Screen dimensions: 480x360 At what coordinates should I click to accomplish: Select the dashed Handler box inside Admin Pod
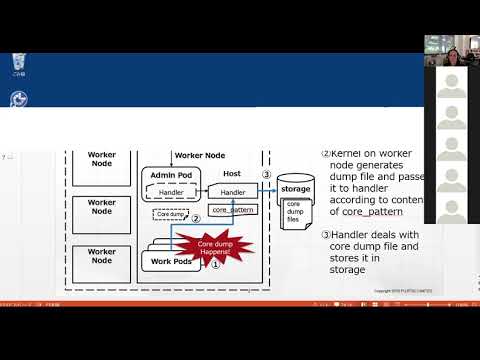tap(171, 191)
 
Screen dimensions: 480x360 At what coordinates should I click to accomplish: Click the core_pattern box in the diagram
tap(233, 210)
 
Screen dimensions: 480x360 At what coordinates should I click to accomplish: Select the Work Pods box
tap(169, 262)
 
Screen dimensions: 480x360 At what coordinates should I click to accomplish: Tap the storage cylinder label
tap(295, 188)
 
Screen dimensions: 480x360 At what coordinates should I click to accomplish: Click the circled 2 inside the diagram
tap(196, 217)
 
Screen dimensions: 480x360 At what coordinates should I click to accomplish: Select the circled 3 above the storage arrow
tap(266, 174)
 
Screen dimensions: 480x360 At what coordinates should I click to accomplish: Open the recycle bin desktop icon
tap(13, 64)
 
